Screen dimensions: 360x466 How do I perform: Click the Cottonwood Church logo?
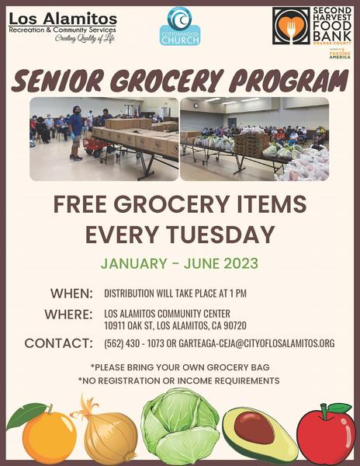(x=180, y=26)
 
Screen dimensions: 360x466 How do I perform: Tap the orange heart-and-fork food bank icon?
(x=291, y=26)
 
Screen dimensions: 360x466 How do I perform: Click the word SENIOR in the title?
(x=57, y=81)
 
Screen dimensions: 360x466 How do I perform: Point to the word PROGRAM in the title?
(x=288, y=81)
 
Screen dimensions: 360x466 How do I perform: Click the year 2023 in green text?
(x=241, y=263)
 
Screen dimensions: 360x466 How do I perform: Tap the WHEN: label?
(x=71, y=294)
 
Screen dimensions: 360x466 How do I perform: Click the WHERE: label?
(x=68, y=315)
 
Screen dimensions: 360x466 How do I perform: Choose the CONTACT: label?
(x=58, y=343)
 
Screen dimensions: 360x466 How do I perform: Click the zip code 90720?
(x=235, y=325)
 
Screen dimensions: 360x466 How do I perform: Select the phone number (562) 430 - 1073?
(x=134, y=343)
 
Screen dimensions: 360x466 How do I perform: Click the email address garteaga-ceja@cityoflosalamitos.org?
(x=256, y=343)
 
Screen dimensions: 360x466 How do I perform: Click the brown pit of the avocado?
(x=254, y=427)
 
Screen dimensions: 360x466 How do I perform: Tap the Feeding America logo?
(x=340, y=54)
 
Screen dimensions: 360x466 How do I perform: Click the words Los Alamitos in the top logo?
(x=63, y=19)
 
